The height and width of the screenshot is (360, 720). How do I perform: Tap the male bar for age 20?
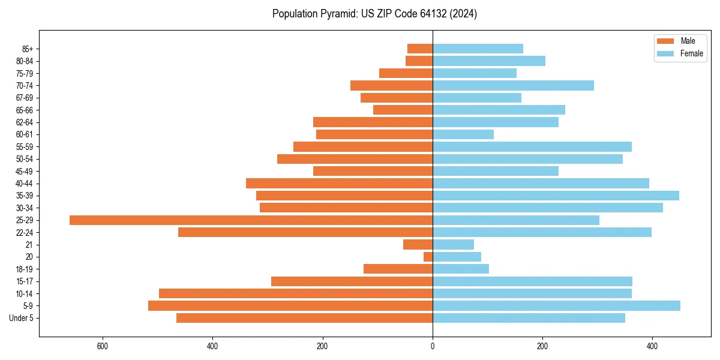pos(428,257)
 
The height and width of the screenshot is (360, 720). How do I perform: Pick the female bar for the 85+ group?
pos(478,49)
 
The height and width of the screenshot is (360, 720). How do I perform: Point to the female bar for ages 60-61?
pos(463,134)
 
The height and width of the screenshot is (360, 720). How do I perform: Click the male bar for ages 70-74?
pos(391,86)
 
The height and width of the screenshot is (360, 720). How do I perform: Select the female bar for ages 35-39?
pos(556,196)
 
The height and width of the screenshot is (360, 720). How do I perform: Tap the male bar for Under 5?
pos(304,318)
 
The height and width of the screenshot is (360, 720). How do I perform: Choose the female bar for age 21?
pos(453,245)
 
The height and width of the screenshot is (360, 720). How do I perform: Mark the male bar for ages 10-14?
pos(296,293)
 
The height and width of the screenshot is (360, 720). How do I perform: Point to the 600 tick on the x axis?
pos(102,347)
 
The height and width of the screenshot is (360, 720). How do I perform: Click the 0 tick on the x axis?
pos(433,347)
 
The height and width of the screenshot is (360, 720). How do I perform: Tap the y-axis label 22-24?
pos(25,233)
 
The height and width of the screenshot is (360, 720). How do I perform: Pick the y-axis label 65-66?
pos(25,110)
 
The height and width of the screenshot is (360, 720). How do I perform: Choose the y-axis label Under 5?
pos(22,318)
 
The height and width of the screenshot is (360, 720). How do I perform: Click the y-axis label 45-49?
pos(25,172)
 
